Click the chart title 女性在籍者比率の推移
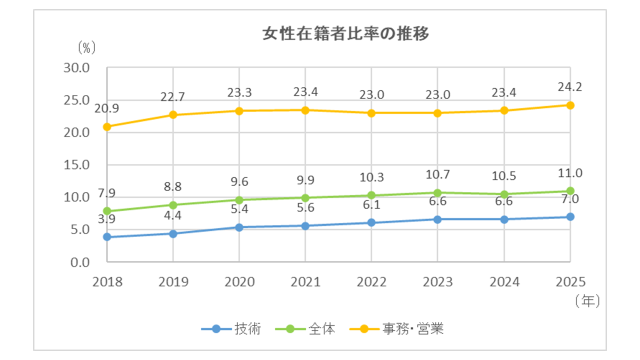coord(345,34)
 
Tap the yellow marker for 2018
coord(107,127)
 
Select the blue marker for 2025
coord(570,216)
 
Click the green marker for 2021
coord(305,197)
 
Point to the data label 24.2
coord(570,87)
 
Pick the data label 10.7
coord(437,175)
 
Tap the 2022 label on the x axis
coord(371,282)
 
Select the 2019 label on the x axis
coord(173,282)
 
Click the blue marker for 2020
coord(239,227)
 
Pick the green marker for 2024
coord(503,194)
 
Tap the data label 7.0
coord(570,199)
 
